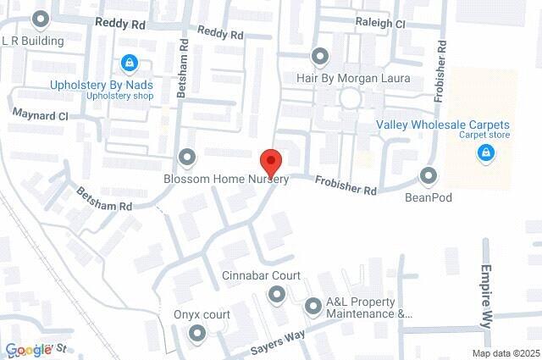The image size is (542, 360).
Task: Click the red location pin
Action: pos(270,161)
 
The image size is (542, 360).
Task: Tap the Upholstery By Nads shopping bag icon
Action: pos(129,62)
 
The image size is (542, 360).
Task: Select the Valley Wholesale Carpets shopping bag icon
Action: pos(485,152)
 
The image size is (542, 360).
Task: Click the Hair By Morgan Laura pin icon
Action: pos(320,57)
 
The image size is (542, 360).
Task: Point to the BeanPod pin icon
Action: pos(429,176)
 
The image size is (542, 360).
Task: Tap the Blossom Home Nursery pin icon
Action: pos(187,158)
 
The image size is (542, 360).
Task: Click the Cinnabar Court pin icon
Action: pos(275,294)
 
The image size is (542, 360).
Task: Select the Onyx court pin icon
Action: pos(197,334)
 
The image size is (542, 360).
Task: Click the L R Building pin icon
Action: pos(39,19)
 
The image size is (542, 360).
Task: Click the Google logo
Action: pos(27,350)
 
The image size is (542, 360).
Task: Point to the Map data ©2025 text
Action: pos(506,353)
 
